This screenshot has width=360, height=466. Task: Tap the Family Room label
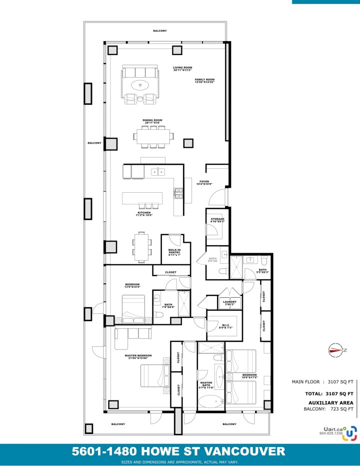point(204,81)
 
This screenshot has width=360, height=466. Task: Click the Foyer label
point(204,183)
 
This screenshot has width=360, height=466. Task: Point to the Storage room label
point(217,220)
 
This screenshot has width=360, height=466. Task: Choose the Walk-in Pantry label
point(174,253)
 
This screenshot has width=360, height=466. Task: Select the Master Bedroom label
point(138,356)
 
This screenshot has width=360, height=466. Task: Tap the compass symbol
point(334,349)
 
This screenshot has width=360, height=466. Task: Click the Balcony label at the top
point(160,31)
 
